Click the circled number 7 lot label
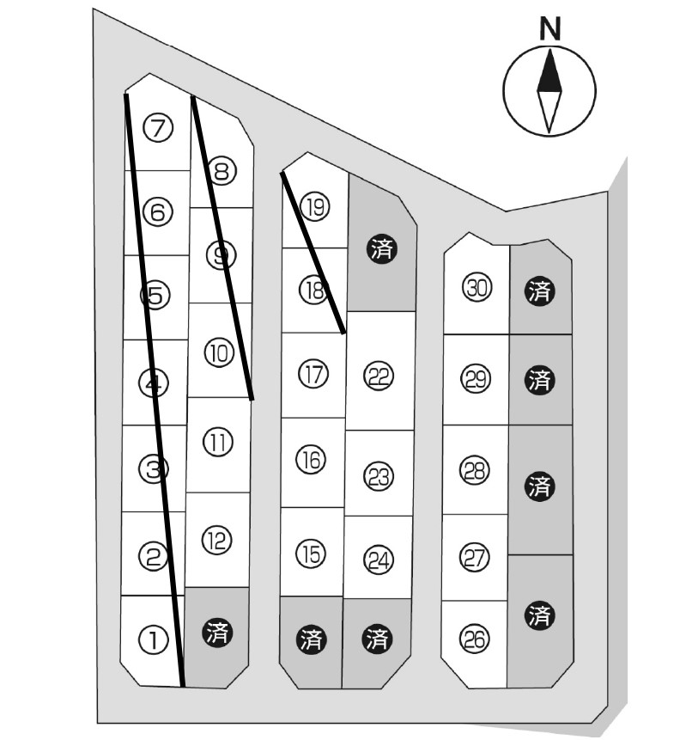tap(158, 128)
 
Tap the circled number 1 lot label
tap(152, 640)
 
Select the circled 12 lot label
tap(217, 540)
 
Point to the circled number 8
tap(222, 172)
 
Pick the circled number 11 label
tap(218, 443)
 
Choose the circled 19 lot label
tap(316, 207)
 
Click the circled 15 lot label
tap(313, 554)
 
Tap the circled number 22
tap(378, 376)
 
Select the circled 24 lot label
tap(378, 560)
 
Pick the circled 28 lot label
tap(475, 470)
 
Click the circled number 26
tap(474, 639)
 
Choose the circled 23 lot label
tap(378, 477)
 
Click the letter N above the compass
tap(549, 30)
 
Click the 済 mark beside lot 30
tap(539, 290)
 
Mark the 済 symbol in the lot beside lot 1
tap(216, 633)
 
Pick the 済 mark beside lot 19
tap(381, 249)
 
